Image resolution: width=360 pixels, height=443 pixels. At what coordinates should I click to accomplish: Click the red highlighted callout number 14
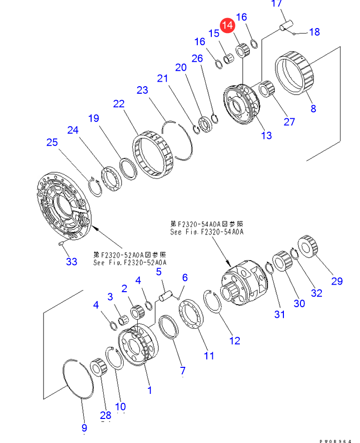227,24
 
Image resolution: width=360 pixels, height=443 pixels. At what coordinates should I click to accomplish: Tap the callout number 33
72,261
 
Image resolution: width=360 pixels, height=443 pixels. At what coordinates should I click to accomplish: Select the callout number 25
52,142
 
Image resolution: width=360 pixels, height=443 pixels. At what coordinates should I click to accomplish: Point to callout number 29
336,281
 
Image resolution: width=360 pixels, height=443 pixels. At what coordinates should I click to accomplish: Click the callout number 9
84,427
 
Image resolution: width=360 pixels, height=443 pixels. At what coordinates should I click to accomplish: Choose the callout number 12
234,341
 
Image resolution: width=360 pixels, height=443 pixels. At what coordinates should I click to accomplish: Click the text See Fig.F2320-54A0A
206,232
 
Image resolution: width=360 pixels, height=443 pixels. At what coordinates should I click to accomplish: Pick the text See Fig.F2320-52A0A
130,262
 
